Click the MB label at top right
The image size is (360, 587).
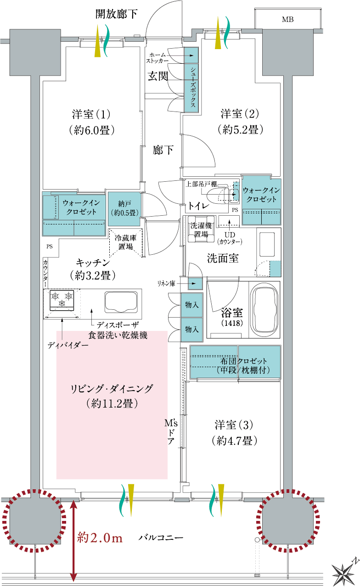(287, 19)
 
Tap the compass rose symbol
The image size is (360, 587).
(344, 573)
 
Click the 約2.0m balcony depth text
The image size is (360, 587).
(100, 538)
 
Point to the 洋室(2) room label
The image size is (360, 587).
(240, 113)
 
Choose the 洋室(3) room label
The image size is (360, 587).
(234, 425)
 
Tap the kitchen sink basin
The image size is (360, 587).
(121, 302)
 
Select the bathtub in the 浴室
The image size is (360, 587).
(264, 309)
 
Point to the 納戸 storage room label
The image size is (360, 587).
(125, 208)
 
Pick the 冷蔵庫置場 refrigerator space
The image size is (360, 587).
(126, 242)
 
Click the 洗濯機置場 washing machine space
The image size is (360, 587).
(201, 229)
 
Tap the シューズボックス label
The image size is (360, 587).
(193, 87)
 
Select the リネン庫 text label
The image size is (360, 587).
(166, 283)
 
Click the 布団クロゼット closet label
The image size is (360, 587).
(243, 361)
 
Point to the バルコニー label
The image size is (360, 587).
(161, 538)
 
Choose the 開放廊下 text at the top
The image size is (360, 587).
(116, 14)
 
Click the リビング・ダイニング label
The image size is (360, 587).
(112, 389)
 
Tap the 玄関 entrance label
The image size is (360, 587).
(158, 76)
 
